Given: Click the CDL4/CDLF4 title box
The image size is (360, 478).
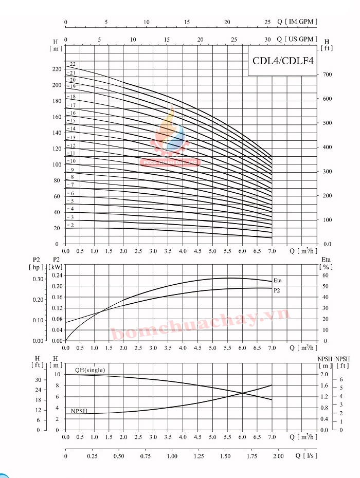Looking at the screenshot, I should point(283,60).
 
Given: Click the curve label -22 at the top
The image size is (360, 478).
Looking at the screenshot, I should point(71,64).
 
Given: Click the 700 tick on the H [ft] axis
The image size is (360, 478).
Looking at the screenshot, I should point(327,75).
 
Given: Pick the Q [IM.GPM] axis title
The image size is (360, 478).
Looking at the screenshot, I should point(297,22).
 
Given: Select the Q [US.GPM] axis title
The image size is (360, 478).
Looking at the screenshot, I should point(297,39).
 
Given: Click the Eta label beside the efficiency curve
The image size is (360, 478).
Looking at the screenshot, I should point(278,281).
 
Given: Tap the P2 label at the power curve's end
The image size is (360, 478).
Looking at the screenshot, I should point(277,290).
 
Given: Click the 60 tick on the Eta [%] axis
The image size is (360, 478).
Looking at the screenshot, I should point(325,275).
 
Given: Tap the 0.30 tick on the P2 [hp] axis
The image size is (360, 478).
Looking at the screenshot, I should point(39,279).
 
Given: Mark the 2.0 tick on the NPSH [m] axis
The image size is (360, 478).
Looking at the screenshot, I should point(323,374).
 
